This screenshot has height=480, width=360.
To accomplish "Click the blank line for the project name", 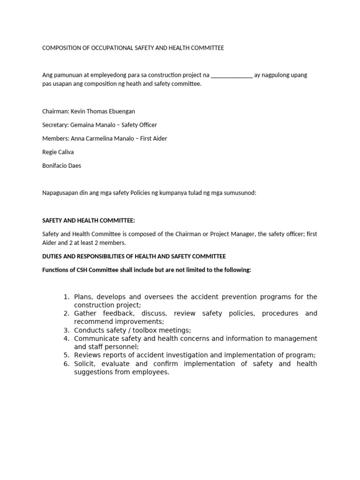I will tap(232, 75).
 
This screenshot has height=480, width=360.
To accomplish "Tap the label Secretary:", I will tap(55, 125).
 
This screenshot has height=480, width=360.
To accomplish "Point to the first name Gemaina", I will tap(82, 125).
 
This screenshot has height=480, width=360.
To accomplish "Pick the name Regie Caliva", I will tap(58, 152).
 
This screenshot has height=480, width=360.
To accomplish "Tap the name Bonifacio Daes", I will tap(61, 166).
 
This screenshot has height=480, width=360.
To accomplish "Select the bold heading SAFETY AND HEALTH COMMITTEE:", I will tap(89, 220).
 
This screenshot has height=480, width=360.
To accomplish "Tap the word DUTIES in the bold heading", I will tap(52, 256).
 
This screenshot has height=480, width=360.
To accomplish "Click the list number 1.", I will tap(67, 297).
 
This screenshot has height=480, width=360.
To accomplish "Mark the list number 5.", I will tap(67, 355).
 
